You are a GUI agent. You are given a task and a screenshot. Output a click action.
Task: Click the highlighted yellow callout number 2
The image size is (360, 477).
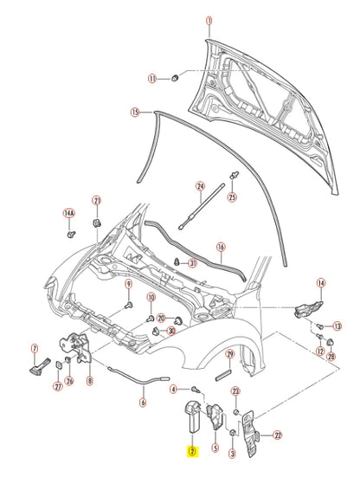tap(191, 450)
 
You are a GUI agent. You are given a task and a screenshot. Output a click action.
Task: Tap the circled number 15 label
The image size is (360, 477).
tap(135, 112)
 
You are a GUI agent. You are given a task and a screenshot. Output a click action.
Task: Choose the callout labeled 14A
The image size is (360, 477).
tap(69, 212)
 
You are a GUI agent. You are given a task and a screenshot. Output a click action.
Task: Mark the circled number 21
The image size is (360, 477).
tap(97, 200)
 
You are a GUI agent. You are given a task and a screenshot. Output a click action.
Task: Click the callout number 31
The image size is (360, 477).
tap(193, 263)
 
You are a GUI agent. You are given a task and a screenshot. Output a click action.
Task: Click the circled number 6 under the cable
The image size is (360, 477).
tap(144, 402)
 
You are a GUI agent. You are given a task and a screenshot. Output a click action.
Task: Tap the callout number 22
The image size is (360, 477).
tap(278, 435)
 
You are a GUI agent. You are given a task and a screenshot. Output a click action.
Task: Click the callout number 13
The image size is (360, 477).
tap(338, 326)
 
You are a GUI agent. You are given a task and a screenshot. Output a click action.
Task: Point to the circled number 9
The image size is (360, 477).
tap(127, 285)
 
